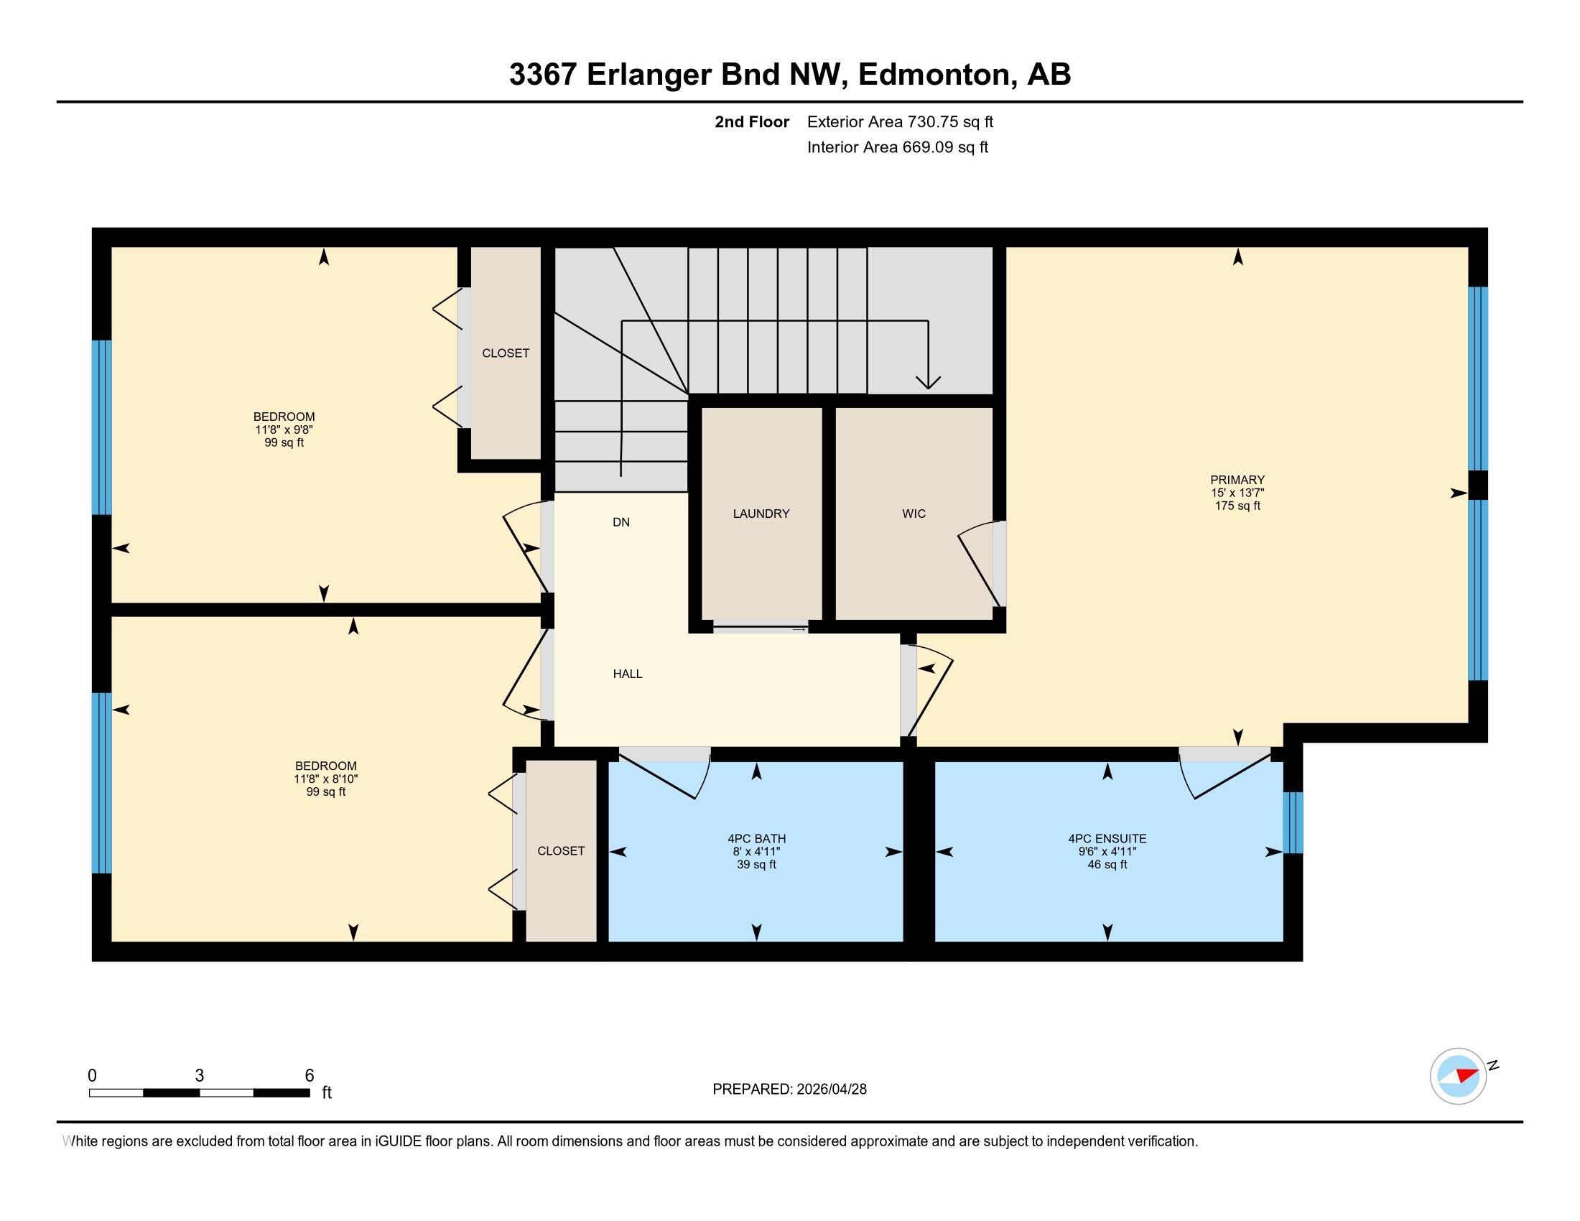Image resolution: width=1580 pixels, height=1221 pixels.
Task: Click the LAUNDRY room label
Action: [761, 514]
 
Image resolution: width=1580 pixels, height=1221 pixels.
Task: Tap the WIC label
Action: [914, 514]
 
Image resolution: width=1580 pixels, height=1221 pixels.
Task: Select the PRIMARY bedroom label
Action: [1237, 480]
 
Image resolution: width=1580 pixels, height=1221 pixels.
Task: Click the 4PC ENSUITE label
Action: [1107, 839]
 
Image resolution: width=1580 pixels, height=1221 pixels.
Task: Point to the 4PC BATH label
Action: [757, 839]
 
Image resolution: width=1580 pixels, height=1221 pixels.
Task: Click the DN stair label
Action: [621, 522]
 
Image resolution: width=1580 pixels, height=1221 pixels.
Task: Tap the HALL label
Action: [627, 674]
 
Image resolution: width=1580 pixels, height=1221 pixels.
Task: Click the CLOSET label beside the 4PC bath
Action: [561, 851]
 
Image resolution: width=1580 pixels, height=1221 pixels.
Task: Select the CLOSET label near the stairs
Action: [506, 353]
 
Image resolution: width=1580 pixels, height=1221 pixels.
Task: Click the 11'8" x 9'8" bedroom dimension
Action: [284, 430]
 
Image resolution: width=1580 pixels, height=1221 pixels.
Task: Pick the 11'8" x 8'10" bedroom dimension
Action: [325, 779]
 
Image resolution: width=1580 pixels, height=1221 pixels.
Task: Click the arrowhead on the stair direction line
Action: [928, 382]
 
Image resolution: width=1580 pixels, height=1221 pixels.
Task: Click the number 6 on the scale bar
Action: [309, 1076]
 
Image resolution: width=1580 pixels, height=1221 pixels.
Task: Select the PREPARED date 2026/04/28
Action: [830, 1090]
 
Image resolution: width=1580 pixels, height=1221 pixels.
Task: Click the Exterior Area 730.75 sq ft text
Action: [900, 121]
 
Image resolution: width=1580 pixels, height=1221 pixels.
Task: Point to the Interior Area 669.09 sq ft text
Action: [897, 147]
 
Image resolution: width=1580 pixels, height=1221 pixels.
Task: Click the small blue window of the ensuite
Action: [1293, 822]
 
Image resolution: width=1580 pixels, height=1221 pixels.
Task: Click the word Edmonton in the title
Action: [933, 75]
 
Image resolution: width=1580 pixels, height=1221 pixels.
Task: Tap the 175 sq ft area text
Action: [1237, 506]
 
